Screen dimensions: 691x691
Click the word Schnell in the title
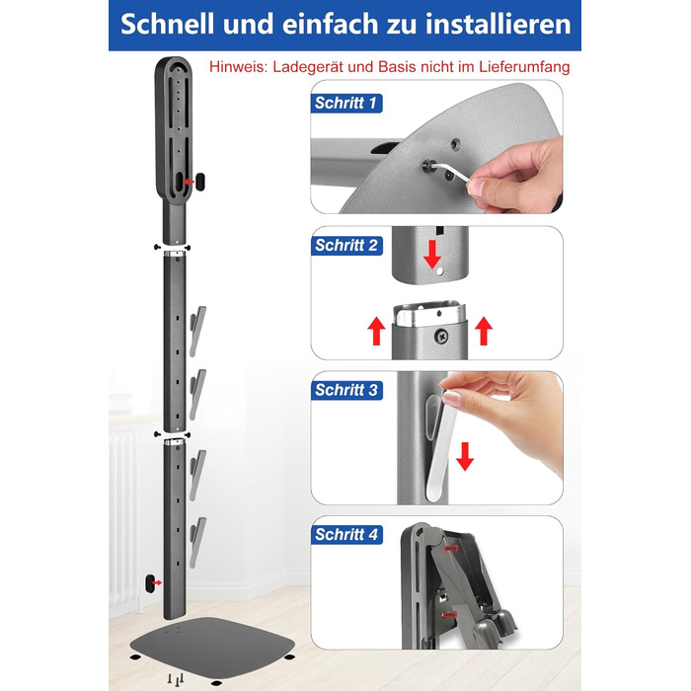tap(168, 24)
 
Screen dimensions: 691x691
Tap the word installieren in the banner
tap(498, 24)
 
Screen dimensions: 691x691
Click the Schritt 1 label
tap(345, 103)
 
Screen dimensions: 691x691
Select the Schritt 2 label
tap(346, 246)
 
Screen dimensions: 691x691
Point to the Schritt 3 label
tap(346, 390)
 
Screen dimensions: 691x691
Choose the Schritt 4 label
tap(346, 535)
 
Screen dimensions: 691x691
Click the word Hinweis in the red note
tap(238, 67)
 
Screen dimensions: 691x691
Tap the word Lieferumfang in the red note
tap(524, 67)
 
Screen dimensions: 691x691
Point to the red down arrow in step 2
tap(432, 255)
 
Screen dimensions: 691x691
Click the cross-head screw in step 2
tap(441, 337)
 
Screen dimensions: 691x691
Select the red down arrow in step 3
tap(465, 456)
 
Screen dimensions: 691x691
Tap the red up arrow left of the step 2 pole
tap(376, 331)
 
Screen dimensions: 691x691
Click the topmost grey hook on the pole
tap(197, 331)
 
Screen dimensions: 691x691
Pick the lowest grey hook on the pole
tap(197, 543)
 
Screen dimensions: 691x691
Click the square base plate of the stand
tap(212, 646)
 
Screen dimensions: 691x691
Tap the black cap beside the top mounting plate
tap(200, 182)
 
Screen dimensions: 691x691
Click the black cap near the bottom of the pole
tap(150, 583)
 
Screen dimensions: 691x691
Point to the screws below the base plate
tap(176, 679)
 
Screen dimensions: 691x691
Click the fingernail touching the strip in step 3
tap(451, 399)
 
